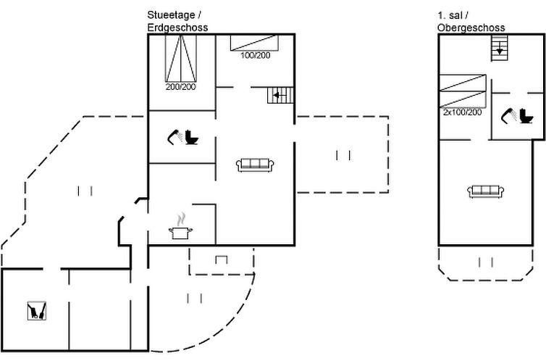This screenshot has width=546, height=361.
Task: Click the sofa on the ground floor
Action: click(x=254, y=165)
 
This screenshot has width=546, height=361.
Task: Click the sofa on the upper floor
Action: click(x=486, y=191)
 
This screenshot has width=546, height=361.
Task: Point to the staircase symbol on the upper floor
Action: click(x=500, y=49)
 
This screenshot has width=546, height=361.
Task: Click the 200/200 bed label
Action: click(x=180, y=87)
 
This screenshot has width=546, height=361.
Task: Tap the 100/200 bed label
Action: click(x=255, y=55)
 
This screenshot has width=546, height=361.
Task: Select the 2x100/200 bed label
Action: click(x=462, y=112)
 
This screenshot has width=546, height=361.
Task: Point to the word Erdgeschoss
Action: click(x=177, y=28)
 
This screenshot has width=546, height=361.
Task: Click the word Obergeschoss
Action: click(x=471, y=28)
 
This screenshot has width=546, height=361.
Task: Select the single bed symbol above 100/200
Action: click(x=255, y=42)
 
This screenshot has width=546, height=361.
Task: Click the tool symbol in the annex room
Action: click(x=36, y=311)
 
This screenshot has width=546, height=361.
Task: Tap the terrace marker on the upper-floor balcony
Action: click(x=485, y=262)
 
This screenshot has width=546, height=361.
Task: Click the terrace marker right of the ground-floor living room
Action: click(x=343, y=154)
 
